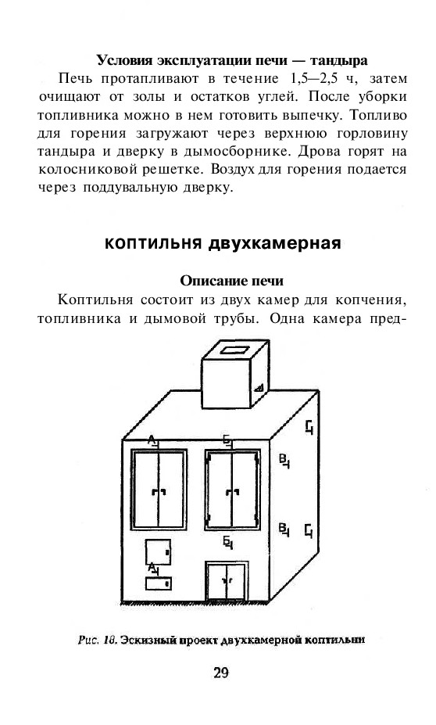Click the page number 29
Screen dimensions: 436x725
pyautogui.click(x=221, y=673)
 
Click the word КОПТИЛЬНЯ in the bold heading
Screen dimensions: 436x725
pyautogui.click(x=154, y=243)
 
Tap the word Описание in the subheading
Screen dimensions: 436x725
pyautogui.click(x=207, y=281)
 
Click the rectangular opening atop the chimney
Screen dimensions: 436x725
pyautogui.click(x=234, y=350)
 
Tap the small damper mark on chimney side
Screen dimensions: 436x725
pyautogui.click(x=259, y=387)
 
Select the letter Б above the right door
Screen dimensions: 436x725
pyautogui.click(x=227, y=440)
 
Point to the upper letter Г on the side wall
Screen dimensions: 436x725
pyautogui.click(x=309, y=426)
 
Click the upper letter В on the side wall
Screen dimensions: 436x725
pyautogui.click(x=284, y=461)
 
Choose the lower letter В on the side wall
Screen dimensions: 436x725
pyautogui.click(x=284, y=529)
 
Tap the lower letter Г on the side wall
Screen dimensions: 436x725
pyautogui.click(x=309, y=530)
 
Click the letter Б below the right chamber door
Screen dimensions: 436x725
pyautogui.click(x=227, y=542)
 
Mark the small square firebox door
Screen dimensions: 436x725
pyautogui.click(x=158, y=552)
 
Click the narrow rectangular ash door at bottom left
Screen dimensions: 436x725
pyautogui.click(x=159, y=583)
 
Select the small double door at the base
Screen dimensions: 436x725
pyautogui.click(x=227, y=581)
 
